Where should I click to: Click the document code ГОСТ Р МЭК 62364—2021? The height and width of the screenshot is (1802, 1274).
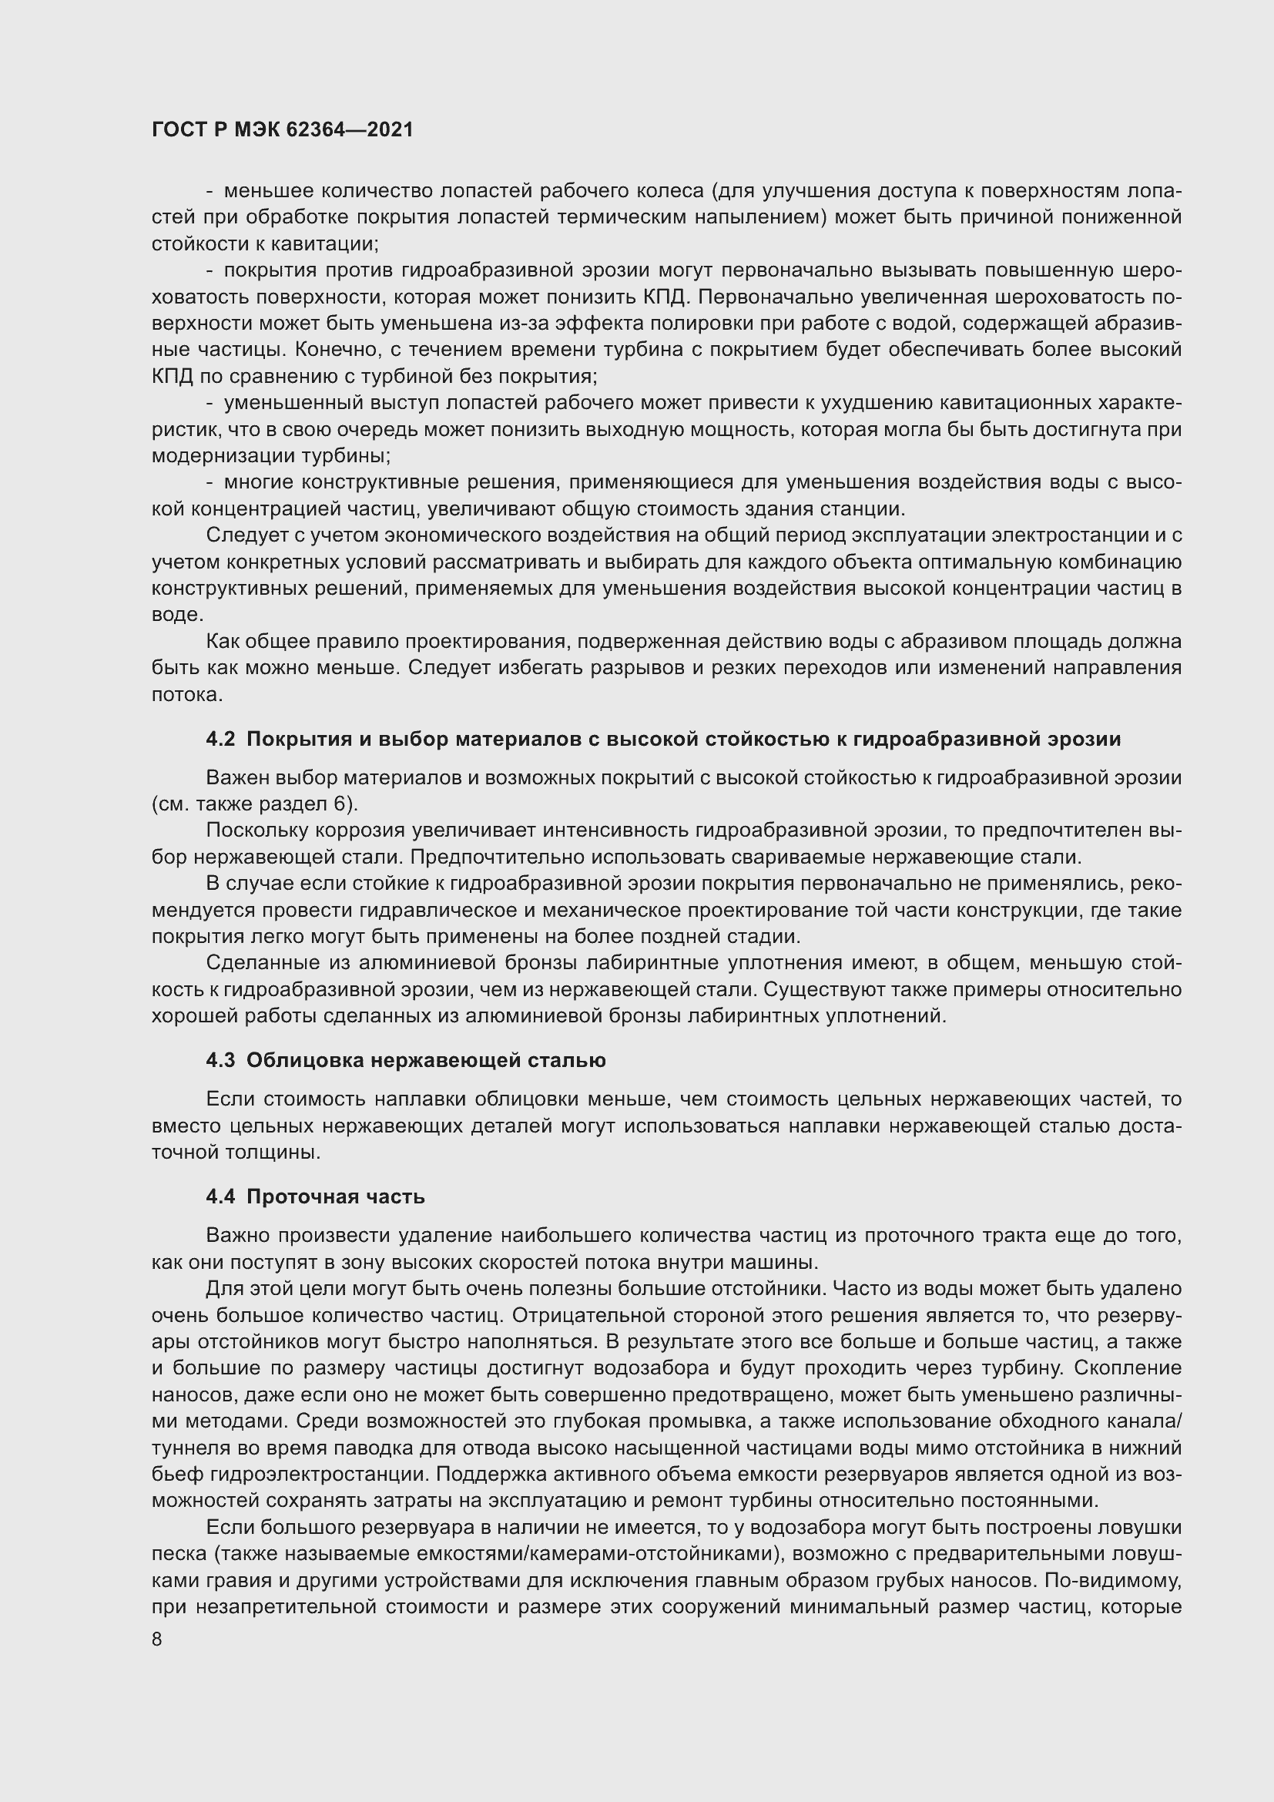coord(283,129)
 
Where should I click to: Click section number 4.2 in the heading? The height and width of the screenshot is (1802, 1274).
coord(220,739)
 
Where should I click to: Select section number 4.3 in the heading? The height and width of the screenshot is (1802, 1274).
coord(220,1060)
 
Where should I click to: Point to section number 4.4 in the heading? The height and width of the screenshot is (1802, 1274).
coord(220,1196)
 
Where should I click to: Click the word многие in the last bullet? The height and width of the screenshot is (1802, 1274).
coord(258,482)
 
